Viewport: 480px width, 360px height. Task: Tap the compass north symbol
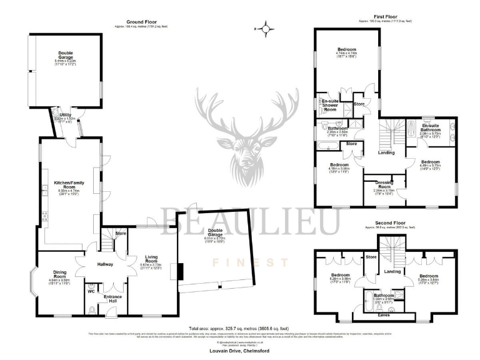(x=266, y=28)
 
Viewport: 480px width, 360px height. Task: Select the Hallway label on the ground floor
(x=104, y=264)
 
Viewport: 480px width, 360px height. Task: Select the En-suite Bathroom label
(x=430, y=126)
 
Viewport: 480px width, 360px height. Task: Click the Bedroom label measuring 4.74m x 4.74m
(x=347, y=49)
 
